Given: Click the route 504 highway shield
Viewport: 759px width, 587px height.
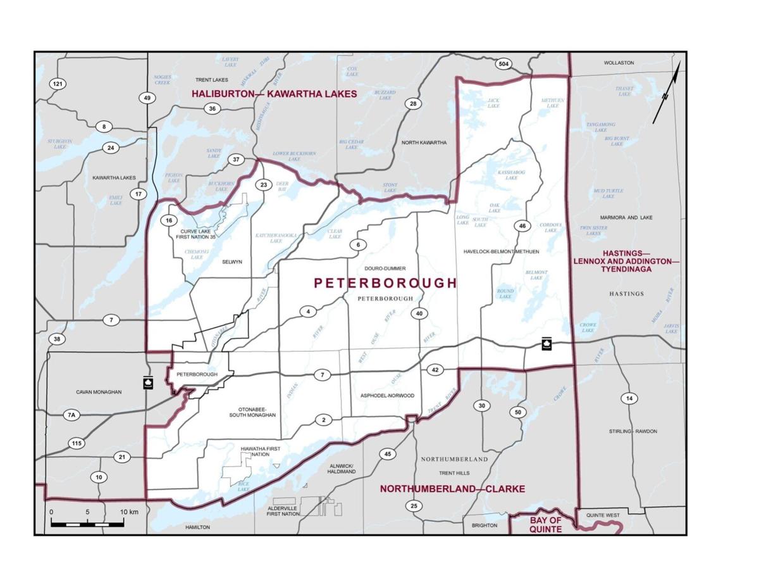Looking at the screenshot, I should pyautogui.click(x=503, y=65).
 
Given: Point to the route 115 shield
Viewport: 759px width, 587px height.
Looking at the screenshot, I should pyautogui.click(x=77, y=443).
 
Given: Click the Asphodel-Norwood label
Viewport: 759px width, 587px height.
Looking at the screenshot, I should pyautogui.click(x=387, y=396).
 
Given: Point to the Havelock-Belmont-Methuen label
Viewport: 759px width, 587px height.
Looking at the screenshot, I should pyautogui.click(x=500, y=251).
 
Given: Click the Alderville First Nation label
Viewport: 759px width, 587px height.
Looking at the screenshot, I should pyautogui.click(x=283, y=511).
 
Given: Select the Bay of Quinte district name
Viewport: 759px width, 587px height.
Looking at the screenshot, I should pyautogui.click(x=545, y=524).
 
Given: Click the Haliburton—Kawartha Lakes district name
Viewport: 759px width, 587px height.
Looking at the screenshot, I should pyautogui.click(x=275, y=94).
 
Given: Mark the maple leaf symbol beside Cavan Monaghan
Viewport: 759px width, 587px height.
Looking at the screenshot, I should pyautogui.click(x=147, y=383).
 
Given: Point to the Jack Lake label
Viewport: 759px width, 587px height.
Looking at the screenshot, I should pyautogui.click(x=493, y=103).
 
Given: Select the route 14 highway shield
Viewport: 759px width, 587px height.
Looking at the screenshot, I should pyautogui.click(x=629, y=398).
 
